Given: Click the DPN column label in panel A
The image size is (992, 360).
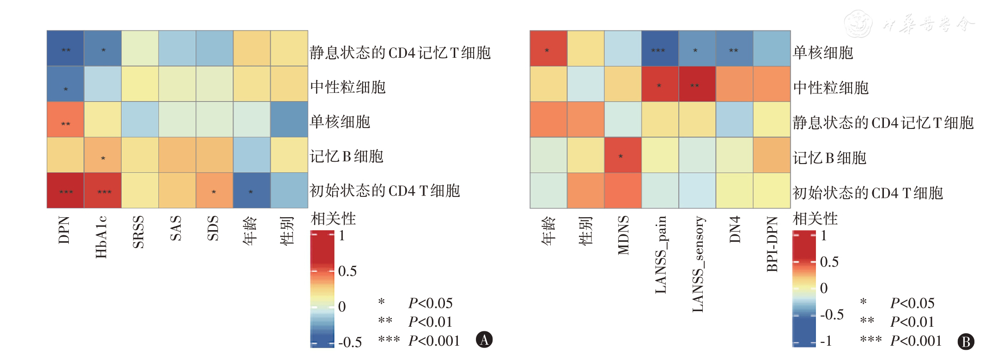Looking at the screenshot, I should (x=65, y=230).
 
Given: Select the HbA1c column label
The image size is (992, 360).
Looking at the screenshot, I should (x=102, y=237).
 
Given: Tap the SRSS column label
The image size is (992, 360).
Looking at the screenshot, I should (x=139, y=232).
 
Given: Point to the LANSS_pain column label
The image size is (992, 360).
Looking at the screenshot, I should (x=661, y=255).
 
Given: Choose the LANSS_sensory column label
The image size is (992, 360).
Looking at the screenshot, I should (x=697, y=264).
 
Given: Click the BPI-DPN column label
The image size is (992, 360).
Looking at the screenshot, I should (x=772, y=244).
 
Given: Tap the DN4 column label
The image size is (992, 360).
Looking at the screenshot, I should (x=735, y=229).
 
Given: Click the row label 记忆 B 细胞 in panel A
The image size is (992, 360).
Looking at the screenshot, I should (x=347, y=157).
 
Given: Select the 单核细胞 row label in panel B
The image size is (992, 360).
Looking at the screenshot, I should (x=823, y=53).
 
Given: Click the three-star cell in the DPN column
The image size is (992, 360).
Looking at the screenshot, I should (x=66, y=191).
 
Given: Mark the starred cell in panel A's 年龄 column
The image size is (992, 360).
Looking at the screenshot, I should (x=251, y=191).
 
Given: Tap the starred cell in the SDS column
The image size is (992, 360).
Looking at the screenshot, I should (x=214, y=191).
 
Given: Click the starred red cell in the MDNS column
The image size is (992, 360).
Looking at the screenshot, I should (x=622, y=156).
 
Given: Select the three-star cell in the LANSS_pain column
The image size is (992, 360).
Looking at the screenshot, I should (x=660, y=49).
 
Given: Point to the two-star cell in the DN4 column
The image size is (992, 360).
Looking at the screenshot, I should (x=734, y=49).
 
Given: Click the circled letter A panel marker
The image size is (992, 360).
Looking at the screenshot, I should (x=484, y=340).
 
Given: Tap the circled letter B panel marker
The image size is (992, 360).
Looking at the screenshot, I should (x=966, y=342).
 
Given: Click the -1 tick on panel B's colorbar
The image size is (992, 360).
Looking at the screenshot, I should (x=826, y=341).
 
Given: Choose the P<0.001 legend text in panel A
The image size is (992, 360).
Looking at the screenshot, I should (x=434, y=341).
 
